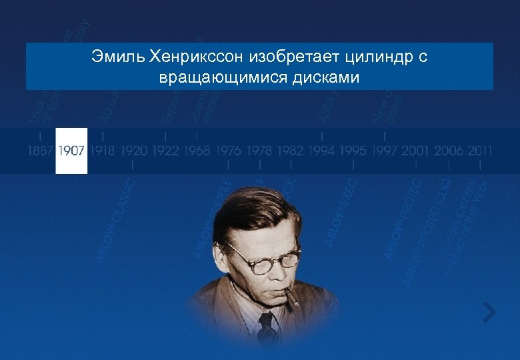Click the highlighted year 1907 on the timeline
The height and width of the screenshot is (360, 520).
(71, 151)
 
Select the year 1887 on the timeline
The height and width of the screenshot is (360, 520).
(40, 151)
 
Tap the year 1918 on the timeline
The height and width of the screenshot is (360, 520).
(103, 151)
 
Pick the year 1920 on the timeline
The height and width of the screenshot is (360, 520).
(134, 151)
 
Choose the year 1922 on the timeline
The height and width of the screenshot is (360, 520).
(165, 151)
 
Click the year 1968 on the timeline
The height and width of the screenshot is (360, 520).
(197, 151)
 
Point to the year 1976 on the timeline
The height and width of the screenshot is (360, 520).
(228, 151)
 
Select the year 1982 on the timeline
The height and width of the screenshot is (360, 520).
(291, 151)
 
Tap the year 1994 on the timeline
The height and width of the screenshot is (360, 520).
(322, 151)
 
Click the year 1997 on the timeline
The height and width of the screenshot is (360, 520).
(385, 151)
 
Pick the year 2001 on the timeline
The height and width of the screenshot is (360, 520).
(416, 151)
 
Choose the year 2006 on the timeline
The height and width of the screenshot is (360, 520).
(448, 151)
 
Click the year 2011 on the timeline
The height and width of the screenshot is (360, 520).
(479, 151)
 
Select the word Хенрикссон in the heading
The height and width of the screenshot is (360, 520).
(199, 57)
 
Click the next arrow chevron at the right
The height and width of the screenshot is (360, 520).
(490, 311)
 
